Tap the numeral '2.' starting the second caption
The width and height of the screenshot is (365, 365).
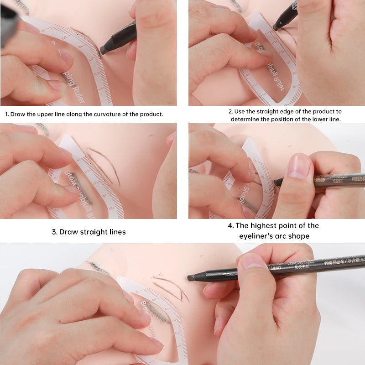coord(231,111)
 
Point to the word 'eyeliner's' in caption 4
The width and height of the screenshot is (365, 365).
coord(256,236)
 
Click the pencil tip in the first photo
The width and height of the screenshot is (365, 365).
coord(104,50)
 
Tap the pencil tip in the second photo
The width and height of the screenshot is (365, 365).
coord(275,28)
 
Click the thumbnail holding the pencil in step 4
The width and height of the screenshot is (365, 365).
coord(298,166)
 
